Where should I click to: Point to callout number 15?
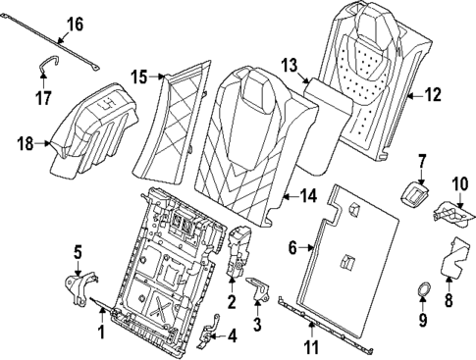click(x=140, y=77)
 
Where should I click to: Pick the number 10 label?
click(x=460, y=183)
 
